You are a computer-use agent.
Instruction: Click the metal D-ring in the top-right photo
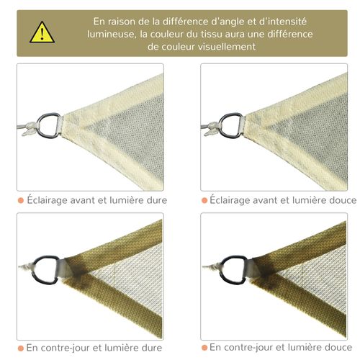pyautogui.click(x=230, y=122)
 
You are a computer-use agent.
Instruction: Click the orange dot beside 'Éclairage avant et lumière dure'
pyautogui.click(x=21, y=199)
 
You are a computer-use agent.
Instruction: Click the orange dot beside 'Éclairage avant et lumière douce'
pyautogui.click(x=204, y=199)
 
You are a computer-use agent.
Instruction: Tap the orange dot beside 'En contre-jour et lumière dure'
pyautogui.click(x=21, y=348)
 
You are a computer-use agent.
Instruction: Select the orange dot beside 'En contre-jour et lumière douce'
pyautogui.click(x=204, y=348)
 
